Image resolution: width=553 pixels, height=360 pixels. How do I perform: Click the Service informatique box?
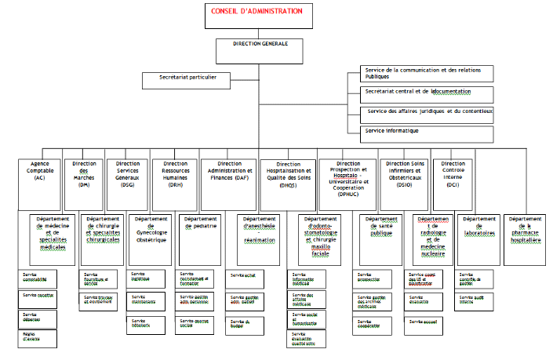coord(428,133)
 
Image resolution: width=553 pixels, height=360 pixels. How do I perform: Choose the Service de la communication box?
coord(428,75)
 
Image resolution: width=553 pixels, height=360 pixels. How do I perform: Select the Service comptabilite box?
coord(38,278)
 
